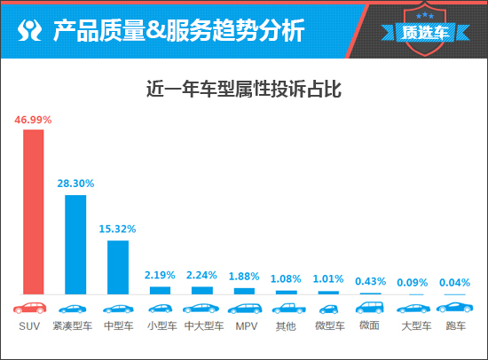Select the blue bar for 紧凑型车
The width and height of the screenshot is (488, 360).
[75, 244]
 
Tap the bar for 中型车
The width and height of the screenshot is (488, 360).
[118, 266]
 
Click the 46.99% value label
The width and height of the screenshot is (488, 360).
[33, 119]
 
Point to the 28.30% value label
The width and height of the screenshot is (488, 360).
[75, 184]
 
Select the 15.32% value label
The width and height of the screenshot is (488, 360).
[118, 230]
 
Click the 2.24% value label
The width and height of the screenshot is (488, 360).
[202, 276]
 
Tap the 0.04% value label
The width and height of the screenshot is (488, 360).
[455, 282]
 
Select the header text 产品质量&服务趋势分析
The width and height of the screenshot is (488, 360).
[178, 31]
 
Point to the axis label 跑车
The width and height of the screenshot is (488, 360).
[455, 326]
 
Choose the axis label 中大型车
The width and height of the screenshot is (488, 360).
[203, 326]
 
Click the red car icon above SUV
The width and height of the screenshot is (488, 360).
[33, 309]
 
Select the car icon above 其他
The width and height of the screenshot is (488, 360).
[287, 309]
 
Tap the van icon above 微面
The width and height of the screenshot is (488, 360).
[370, 308]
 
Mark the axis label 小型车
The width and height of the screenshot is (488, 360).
[161, 326]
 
